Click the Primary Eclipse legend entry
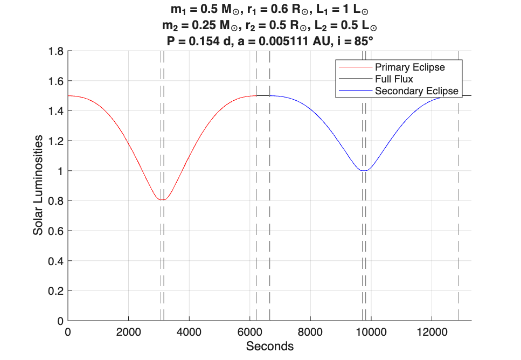(409, 67)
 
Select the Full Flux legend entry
(394, 79)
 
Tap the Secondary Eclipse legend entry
(416, 91)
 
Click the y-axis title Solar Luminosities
(38, 185)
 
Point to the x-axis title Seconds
(269, 346)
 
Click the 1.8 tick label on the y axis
(56, 51)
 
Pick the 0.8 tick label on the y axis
(56, 201)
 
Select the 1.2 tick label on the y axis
(56, 141)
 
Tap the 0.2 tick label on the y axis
(56, 291)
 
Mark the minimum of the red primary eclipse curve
(162, 200)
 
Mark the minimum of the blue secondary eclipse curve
(365, 170)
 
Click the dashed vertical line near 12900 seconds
(459, 216)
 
